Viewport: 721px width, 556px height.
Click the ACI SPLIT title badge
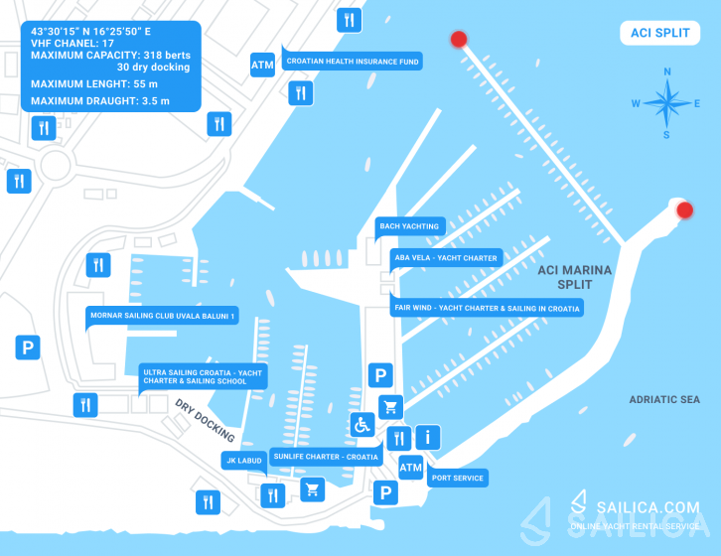click(x=659, y=33)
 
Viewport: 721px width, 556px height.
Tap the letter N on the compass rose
click(x=667, y=71)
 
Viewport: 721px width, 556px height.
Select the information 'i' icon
click(x=428, y=437)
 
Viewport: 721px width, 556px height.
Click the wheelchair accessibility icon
click(x=362, y=425)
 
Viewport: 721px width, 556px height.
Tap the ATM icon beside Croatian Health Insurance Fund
click(x=262, y=65)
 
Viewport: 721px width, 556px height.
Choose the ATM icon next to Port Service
click(x=410, y=468)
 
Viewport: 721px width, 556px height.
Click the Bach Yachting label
click(x=410, y=226)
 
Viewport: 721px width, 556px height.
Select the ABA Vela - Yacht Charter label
click(x=446, y=258)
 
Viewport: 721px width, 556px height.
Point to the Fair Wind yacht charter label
click(x=487, y=308)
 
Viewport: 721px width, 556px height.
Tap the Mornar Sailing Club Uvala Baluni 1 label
click(x=162, y=316)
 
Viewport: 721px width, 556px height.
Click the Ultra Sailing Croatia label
click(x=203, y=376)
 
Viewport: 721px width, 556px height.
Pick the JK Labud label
click(x=244, y=461)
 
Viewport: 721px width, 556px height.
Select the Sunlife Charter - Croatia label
click(x=326, y=457)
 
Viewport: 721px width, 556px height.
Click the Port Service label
click(x=458, y=478)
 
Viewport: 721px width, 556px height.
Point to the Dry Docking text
click(x=205, y=420)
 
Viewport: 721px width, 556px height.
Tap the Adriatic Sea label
click(x=664, y=400)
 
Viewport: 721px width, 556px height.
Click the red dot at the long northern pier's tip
click(x=459, y=39)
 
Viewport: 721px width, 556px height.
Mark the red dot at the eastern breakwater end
click(x=684, y=210)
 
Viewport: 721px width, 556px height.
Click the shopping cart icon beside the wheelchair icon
click(x=391, y=407)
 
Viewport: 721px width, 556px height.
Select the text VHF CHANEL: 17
click(x=72, y=44)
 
